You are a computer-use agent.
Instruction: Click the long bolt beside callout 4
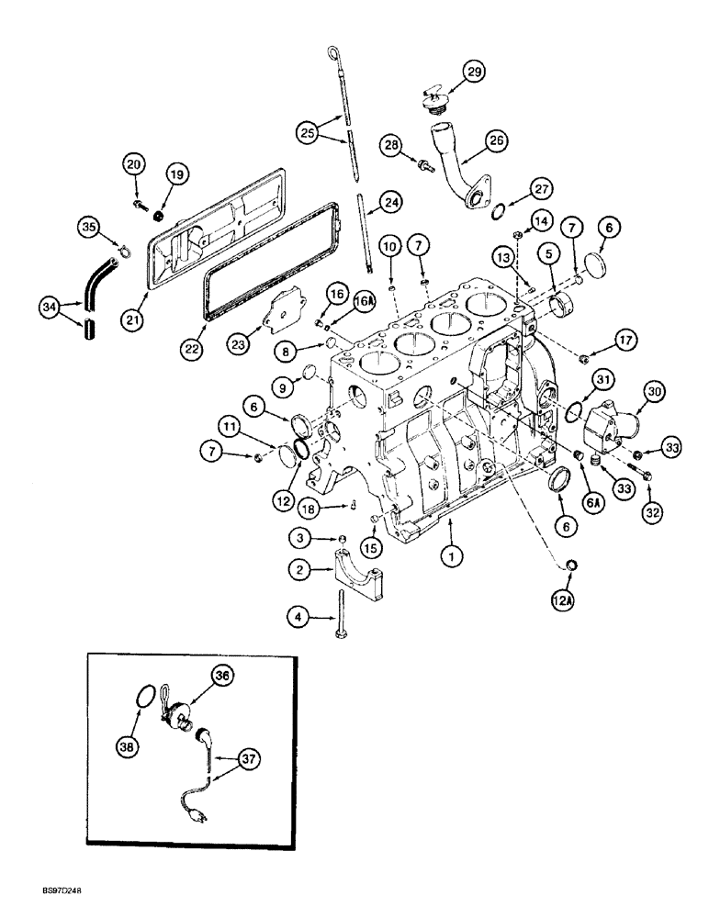click(341, 616)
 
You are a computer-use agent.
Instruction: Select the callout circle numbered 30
click(628, 392)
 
